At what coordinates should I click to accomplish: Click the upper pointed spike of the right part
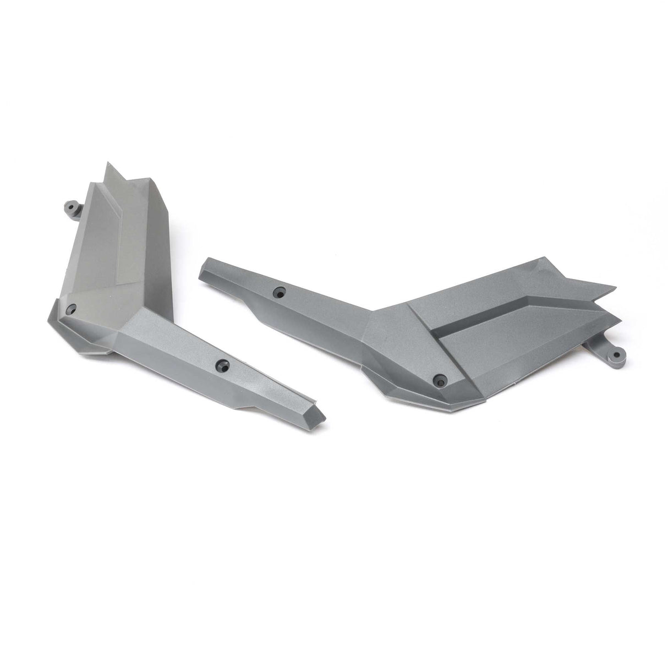pyautogui.click(x=605, y=288)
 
